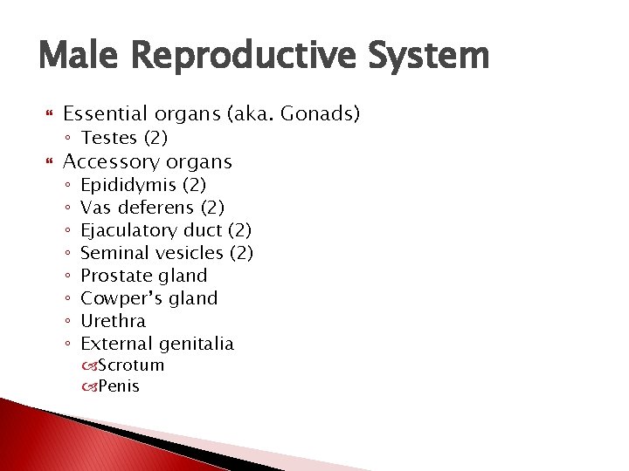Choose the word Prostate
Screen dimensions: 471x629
[x=112, y=276]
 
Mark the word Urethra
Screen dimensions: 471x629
[x=113, y=321]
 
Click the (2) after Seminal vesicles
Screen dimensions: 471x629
[x=240, y=253]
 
